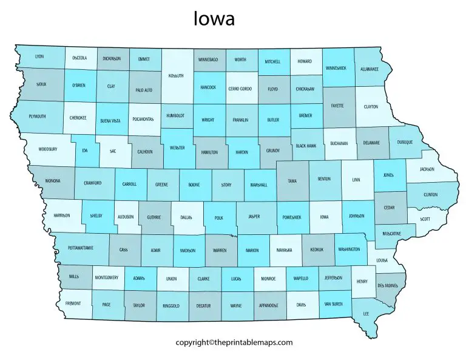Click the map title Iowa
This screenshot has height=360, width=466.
[x=214, y=19]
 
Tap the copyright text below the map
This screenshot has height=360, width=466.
[x=234, y=342]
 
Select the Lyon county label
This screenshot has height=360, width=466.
[x=40, y=56]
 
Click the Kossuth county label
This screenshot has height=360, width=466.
[x=178, y=76]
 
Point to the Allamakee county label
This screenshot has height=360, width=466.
[x=370, y=70]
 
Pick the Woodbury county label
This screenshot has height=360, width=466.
[x=47, y=148]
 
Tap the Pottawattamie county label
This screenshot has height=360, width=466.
[x=81, y=248]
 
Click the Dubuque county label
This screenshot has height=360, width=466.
[x=405, y=142]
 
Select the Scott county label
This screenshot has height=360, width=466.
[x=425, y=219]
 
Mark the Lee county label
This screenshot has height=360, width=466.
[x=366, y=314]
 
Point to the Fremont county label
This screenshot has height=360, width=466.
[x=73, y=303]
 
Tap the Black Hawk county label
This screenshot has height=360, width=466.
[x=306, y=146]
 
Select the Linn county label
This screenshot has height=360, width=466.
[x=356, y=180]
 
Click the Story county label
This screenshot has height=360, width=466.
[x=226, y=183]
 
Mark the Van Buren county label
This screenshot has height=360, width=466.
[x=334, y=304]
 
